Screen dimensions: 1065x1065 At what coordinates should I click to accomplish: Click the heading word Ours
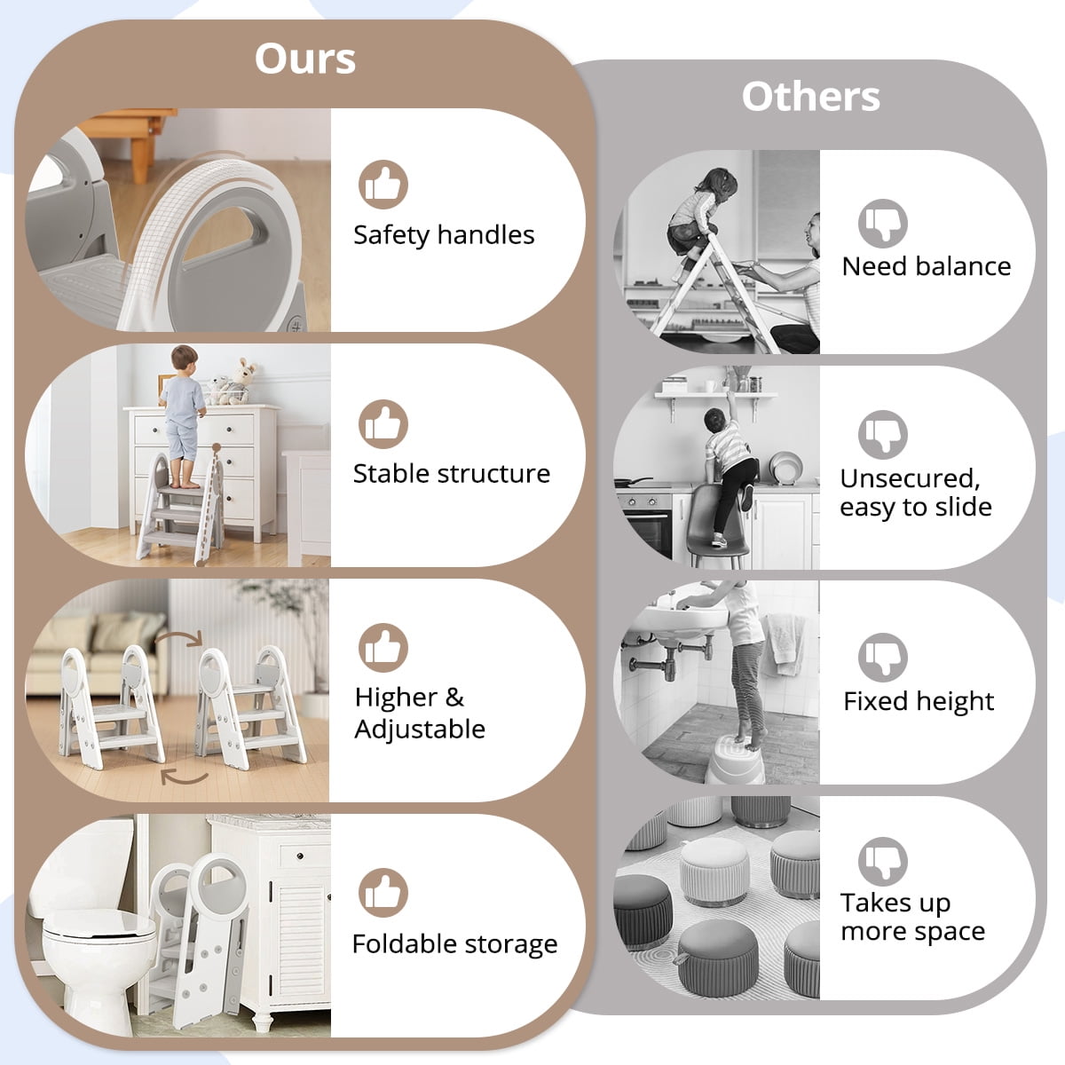(x=305, y=59)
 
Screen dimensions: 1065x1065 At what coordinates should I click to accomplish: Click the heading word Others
(x=810, y=97)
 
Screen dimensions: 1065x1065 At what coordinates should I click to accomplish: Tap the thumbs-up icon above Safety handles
(x=383, y=185)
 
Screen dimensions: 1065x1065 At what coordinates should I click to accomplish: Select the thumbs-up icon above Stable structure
(x=383, y=424)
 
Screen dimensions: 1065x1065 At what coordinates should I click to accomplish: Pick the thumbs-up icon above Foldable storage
(x=383, y=893)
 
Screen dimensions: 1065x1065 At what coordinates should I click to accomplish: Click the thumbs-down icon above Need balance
(x=882, y=224)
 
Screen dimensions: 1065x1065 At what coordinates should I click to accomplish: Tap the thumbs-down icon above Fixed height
(x=882, y=658)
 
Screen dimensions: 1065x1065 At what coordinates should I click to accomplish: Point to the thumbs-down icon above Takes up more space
(x=882, y=862)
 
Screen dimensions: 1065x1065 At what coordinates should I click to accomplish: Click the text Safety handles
(x=444, y=235)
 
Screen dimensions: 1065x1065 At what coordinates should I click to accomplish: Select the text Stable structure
(x=452, y=474)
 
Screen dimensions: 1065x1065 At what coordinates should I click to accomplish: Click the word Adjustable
(x=420, y=730)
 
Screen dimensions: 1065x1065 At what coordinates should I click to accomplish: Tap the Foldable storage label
(x=455, y=944)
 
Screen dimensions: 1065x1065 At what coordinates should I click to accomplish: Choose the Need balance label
(x=927, y=266)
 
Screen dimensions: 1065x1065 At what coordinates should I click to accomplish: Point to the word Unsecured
(x=910, y=478)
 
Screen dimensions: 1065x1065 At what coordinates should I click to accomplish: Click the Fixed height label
(x=919, y=702)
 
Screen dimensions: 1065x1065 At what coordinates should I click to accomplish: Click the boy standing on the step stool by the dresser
(x=183, y=417)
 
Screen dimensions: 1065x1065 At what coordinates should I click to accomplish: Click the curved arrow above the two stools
(x=178, y=638)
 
